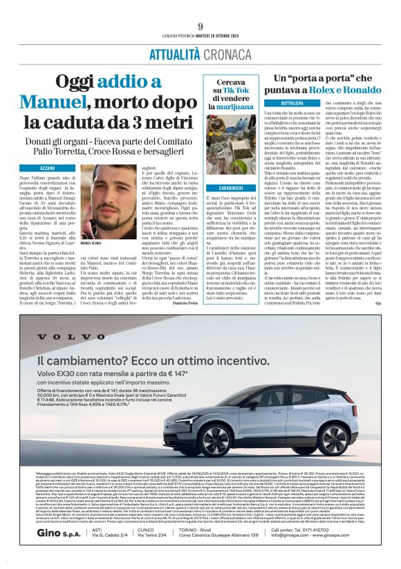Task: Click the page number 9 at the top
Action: (x=200, y=8)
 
